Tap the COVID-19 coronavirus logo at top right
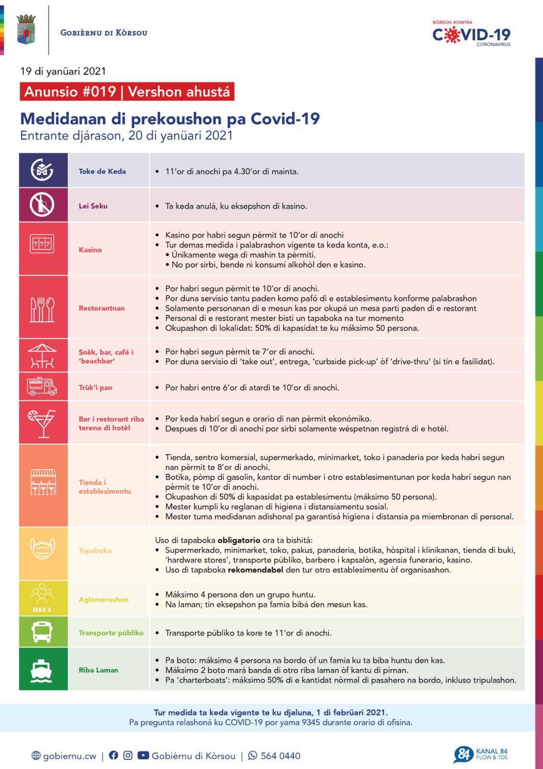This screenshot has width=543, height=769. coord(471,34)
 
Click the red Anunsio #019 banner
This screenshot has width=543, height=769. coord(127,91)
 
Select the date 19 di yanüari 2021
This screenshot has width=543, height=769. coord(63,71)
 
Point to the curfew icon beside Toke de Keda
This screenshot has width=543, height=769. coord(43,170)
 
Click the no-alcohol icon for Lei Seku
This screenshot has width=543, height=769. coord(43,205)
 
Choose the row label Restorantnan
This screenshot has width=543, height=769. coord(102,308)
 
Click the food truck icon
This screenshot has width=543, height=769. coord(43,386)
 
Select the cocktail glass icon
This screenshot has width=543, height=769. coord(43,422)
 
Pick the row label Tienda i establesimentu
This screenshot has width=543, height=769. coord(105,486)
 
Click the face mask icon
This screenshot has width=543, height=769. coord(43,550)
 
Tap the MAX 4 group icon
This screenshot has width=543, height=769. coord(42,598)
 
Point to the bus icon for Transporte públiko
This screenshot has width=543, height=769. coord(42,632)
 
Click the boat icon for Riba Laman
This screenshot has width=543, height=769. coord(42,670)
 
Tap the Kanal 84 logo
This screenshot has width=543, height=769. coord(480,755)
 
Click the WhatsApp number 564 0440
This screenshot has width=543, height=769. coord(280,756)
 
